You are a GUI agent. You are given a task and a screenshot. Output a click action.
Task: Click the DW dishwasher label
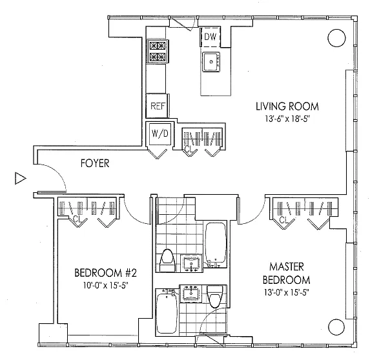pyautogui.click(x=210, y=37)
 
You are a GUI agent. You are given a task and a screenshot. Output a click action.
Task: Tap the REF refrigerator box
pyautogui.click(x=157, y=106)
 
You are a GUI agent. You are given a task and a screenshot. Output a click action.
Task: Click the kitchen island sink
pyautogui.click(x=211, y=62)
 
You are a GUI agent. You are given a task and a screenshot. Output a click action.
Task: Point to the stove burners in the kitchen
pyautogui.click(x=158, y=52)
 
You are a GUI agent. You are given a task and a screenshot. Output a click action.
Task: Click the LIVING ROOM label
pyautogui.click(x=287, y=106)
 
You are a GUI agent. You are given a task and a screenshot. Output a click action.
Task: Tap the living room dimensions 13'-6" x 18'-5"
pyautogui.click(x=287, y=119)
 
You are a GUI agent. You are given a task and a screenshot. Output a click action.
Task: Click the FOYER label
pyautogui.click(x=95, y=163)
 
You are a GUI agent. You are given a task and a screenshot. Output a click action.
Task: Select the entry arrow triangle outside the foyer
pyautogui.click(x=21, y=178)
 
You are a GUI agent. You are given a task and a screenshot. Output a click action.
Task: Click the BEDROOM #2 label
pyautogui.click(x=105, y=273)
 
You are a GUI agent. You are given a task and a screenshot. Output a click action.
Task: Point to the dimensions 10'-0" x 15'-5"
pyautogui.click(x=106, y=286)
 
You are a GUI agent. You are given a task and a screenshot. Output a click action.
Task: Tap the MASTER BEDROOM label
pyautogui.click(x=287, y=274)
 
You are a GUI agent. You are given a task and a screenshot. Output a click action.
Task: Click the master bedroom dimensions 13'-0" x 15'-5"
pyautogui.click(x=287, y=292)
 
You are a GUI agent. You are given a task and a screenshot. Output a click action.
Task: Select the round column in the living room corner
pyautogui.click(x=336, y=38)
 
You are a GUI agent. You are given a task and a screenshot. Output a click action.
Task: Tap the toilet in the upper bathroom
pyautogui.click(x=167, y=260)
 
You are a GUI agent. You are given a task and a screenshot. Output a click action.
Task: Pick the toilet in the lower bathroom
pyautogui.click(x=215, y=296)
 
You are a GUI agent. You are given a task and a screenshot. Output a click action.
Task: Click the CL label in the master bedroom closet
pyautogui.click(x=285, y=219)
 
